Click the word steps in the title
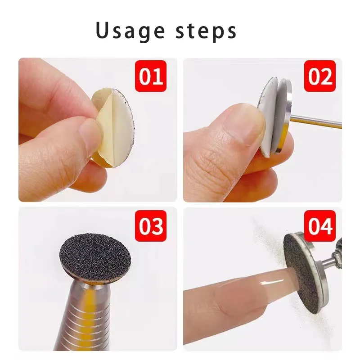(208, 31)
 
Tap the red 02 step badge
(320, 76)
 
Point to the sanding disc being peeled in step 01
(112, 126)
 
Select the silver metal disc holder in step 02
(284, 115)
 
